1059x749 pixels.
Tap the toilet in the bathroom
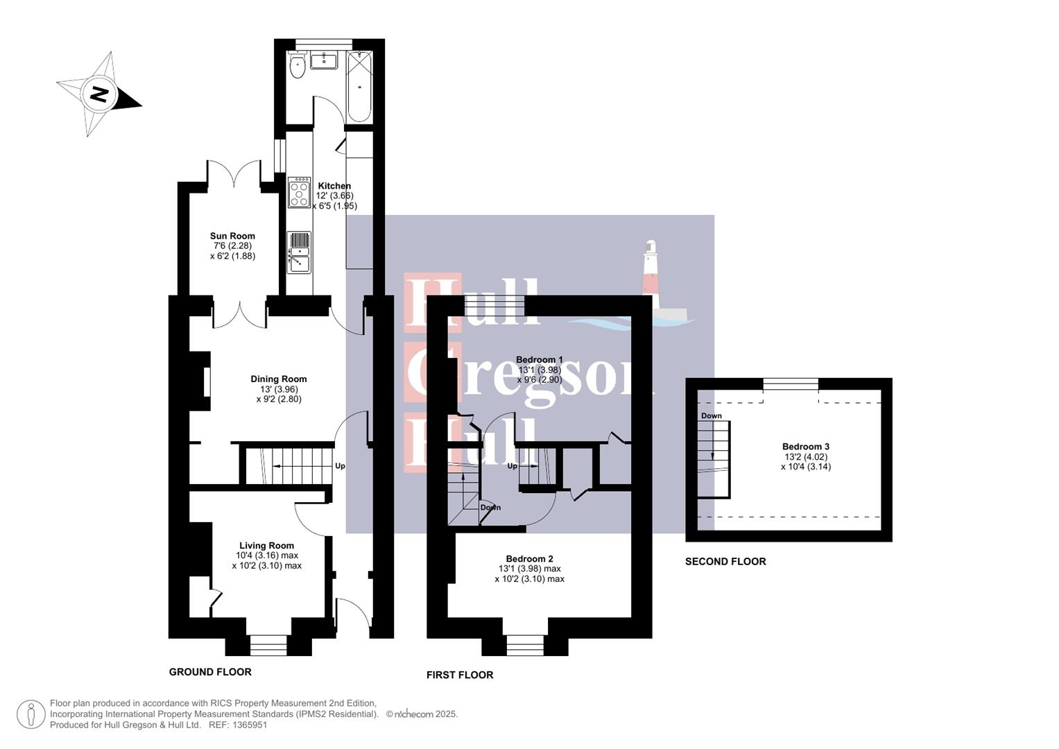coord(298,67)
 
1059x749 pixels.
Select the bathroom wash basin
coord(323,60)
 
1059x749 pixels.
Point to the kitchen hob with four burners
coord(299,193)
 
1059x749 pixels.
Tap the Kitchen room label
coord(334,186)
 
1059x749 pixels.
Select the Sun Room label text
coord(232,236)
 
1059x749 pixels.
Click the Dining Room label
coord(278,379)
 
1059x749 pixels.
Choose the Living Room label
coord(266,546)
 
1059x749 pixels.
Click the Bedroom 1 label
coord(539,359)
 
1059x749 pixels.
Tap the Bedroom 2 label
coord(529,559)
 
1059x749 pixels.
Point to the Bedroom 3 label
coord(805,447)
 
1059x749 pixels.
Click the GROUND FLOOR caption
coord(210,672)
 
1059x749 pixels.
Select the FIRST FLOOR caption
coord(459,675)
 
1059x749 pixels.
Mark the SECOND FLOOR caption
coord(725,562)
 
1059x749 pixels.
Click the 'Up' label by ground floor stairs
coord(340,466)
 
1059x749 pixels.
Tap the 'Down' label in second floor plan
coord(711,416)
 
